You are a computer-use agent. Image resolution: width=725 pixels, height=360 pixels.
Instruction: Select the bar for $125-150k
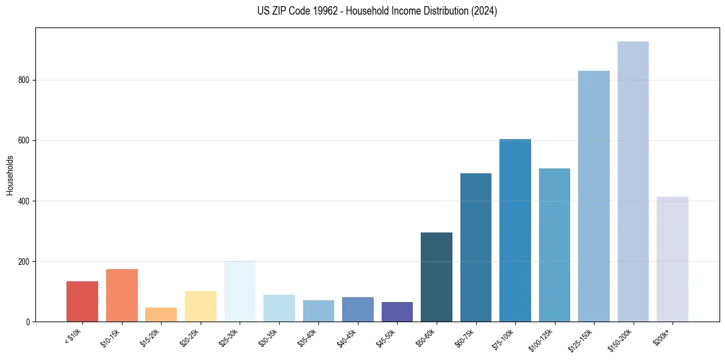click(593, 196)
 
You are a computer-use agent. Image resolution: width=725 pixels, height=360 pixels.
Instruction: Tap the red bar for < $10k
click(82, 301)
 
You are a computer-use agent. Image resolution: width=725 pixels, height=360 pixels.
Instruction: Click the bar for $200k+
click(672, 259)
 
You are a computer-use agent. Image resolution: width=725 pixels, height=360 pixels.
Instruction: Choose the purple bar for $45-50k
click(397, 312)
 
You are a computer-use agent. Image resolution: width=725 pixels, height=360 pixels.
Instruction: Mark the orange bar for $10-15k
click(121, 295)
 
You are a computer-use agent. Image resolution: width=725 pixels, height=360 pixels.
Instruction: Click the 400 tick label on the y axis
click(26, 201)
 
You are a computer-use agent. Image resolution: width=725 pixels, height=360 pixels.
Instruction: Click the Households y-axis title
click(10, 175)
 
